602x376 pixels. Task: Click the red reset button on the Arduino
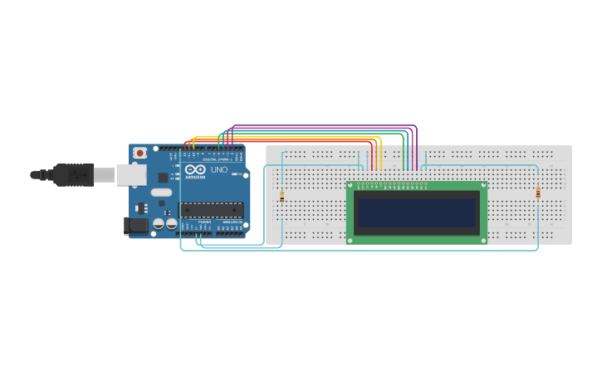coord(140,153)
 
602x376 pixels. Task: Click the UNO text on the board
coord(219,170)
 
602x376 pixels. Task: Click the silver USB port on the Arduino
coord(130,174)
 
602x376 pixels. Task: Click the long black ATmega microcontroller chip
coord(212,209)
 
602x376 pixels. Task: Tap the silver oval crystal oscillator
coord(161,193)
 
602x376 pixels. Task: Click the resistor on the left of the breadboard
coord(282,197)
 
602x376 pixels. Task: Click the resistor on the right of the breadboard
coord(538,193)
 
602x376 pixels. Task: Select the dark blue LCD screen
coord(417,212)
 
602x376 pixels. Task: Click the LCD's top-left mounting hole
coord(351,186)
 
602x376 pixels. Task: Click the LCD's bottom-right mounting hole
coord(483,240)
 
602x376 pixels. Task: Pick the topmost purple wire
coord(324,125)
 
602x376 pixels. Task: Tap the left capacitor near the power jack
coord(158,223)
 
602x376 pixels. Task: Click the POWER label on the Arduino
coord(204,222)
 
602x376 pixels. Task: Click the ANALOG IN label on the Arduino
coord(232,222)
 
